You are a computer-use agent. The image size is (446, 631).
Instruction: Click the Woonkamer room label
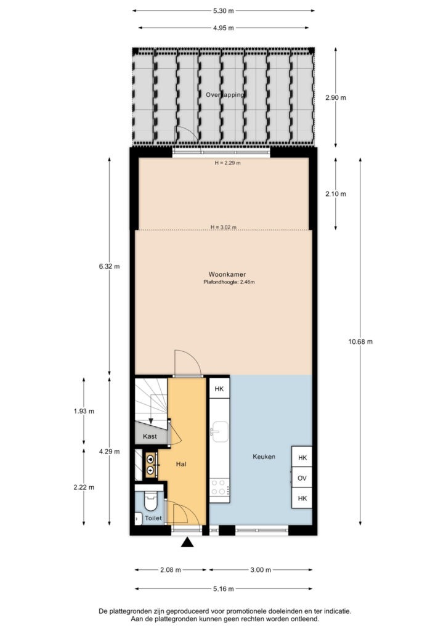[227, 274]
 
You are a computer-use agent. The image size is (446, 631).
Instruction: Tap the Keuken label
[264, 457]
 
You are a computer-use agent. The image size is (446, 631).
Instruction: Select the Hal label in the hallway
[181, 464]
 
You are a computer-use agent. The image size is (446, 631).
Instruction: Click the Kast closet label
[150, 436]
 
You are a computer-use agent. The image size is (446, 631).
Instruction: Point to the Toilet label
[153, 518]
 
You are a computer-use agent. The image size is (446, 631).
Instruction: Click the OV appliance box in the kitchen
[302, 478]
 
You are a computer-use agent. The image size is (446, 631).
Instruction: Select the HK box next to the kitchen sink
[219, 389]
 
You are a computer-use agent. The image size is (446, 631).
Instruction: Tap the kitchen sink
[220, 432]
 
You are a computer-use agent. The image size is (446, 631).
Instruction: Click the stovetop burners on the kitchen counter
[219, 487]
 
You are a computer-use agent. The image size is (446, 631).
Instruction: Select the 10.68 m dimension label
[360, 341]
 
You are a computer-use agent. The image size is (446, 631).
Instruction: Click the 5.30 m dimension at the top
[223, 11]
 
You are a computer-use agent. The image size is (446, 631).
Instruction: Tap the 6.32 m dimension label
[110, 266]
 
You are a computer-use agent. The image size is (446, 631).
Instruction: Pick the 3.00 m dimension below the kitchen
[261, 570]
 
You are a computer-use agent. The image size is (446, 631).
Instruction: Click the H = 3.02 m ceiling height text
[224, 227]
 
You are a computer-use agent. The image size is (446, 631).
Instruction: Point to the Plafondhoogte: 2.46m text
[229, 282]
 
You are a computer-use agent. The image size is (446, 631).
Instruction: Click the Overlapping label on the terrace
[225, 95]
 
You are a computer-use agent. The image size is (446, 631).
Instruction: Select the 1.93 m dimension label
[84, 411]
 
